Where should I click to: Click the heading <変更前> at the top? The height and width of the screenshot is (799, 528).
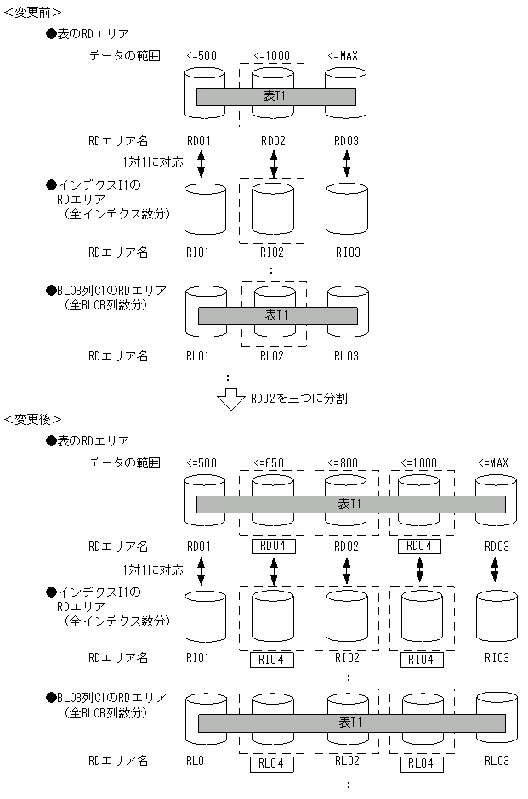(x=31, y=10)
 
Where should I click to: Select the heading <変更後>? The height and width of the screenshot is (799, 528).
(x=31, y=420)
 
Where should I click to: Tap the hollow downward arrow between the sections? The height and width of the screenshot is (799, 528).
(x=230, y=399)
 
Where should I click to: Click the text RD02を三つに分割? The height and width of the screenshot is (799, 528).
(x=298, y=397)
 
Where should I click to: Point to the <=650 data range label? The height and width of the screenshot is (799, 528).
(x=273, y=463)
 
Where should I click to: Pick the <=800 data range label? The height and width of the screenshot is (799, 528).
(x=347, y=463)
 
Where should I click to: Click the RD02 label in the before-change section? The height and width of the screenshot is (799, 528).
(x=273, y=141)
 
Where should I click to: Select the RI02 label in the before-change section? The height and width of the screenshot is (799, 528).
(x=273, y=252)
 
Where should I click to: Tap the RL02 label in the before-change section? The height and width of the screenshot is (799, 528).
(x=273, y=356)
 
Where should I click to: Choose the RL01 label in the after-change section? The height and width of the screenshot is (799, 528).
(x=199, y=761)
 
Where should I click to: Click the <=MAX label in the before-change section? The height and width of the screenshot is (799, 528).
(x=343, y=57)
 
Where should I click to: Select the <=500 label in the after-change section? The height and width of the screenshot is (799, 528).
(x=202, y=463)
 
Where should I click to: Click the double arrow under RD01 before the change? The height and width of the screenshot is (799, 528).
(x=202, y=164)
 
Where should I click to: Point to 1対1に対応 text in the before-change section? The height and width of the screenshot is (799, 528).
(x=153, y=161)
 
